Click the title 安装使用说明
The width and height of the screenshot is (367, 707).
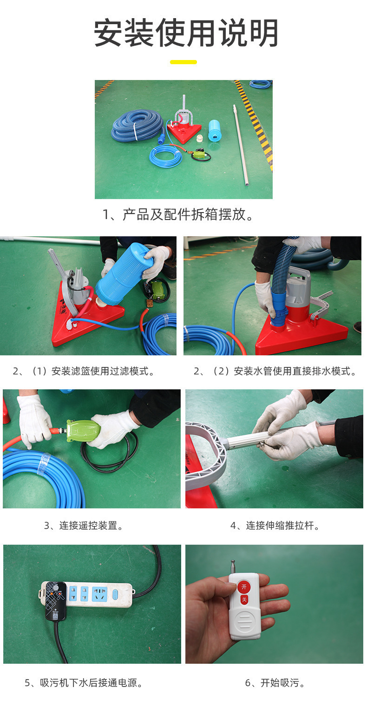[186, 33]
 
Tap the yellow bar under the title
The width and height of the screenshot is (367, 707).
[183, 62]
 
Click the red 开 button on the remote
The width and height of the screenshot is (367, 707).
[244, 587]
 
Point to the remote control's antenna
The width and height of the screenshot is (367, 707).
[233, 568]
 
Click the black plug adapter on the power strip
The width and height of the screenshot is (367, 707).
[55, 601]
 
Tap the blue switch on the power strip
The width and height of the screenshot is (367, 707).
[115, 594]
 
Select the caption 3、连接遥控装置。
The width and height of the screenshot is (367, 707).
[84, 526]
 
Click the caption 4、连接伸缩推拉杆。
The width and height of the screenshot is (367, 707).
[275, 526]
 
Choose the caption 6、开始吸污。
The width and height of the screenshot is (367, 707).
[275, 683]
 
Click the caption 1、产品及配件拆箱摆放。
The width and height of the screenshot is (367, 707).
[178, 214]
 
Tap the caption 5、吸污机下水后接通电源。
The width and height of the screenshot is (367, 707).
[84, 683]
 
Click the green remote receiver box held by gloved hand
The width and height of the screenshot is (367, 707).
[83, 430]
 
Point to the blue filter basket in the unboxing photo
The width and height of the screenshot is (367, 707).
[215, 131]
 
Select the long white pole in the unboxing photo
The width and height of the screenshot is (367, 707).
[241, 145]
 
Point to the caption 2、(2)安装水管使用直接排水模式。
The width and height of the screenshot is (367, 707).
[275, 371]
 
